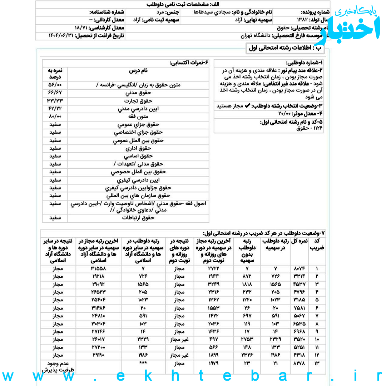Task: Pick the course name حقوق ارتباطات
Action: pyautogui.click(x=138, y=218)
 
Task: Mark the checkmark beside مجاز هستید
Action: pyautogui.click(x=247, y=106)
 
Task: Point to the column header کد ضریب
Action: pyautogui.click(x=317, y=245)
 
